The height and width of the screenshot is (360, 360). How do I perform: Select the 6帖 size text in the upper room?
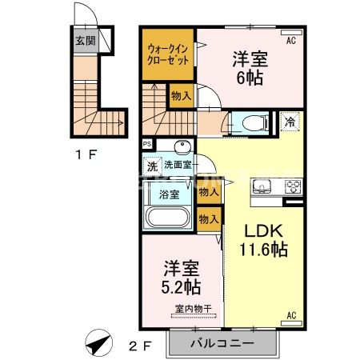pos(250,78)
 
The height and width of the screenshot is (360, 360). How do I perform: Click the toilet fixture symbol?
pos(250,122)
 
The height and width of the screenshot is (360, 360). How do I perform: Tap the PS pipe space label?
pos(147,145)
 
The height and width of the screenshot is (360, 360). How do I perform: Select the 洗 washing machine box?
pos(152,166)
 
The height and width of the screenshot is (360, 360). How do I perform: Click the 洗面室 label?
pos(178,166)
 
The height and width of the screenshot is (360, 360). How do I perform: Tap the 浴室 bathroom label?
pos(169,194)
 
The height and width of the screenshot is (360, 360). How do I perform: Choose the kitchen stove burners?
pos(290,189)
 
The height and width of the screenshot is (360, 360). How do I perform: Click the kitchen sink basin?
pos(262,189)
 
